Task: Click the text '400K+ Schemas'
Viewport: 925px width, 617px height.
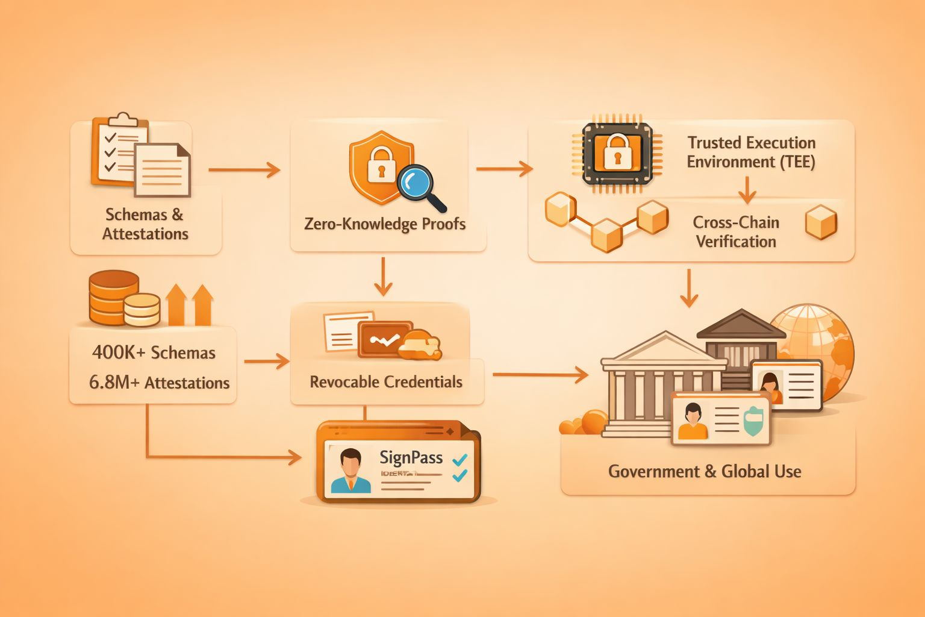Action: pos(154,352)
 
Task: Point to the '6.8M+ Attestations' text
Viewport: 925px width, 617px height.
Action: pos(159,383)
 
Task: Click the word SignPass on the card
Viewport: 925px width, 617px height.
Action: pos(411,457)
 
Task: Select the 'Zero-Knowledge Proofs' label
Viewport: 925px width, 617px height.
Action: pos(385,224)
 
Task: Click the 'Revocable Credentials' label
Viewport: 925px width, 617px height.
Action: pos(386,382)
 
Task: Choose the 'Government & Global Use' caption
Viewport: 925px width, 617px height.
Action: pos(705,471)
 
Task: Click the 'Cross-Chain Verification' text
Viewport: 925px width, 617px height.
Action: pos(736,232)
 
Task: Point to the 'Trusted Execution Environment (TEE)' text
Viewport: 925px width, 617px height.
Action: pos(751,152)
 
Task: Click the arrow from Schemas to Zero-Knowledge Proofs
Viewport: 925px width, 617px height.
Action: pos(244,170)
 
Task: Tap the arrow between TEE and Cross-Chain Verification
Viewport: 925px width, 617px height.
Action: pos(747,190)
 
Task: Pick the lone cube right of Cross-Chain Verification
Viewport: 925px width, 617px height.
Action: pos(821,222)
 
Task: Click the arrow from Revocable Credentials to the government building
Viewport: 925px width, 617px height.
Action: pos(540,375)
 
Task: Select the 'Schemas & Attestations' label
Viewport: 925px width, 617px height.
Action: pos(145,224)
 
